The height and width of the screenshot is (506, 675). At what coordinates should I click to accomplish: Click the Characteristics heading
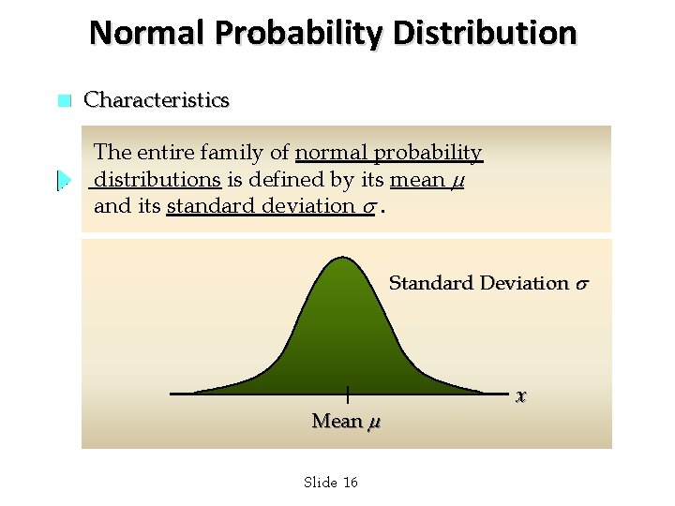[x=157, y=100]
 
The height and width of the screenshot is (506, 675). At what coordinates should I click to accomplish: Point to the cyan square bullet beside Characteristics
[x=64, y=101]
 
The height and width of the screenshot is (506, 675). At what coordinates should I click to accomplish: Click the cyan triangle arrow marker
[x=64, y=179]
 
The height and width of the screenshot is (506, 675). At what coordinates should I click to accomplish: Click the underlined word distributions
[x=157, y=179]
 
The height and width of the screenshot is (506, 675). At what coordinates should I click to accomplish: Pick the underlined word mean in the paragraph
[x=417, y=179]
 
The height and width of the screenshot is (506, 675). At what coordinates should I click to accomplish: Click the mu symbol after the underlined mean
[x=457, y=181]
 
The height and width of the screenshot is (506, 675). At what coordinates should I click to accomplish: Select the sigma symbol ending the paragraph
[x=372, y=207]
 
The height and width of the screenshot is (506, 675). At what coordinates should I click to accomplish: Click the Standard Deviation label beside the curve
[x=478, y=283]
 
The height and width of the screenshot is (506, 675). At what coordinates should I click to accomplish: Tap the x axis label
[x=520, y=396]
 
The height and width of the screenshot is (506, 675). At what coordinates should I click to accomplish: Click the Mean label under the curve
[x=337, y=422]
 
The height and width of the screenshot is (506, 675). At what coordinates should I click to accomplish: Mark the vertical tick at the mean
[x=347, y=394]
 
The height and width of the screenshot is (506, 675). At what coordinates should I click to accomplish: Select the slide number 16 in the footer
[x=351, y=483]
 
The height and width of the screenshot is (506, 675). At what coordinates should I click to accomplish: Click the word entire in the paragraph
[x=167, y=152]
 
